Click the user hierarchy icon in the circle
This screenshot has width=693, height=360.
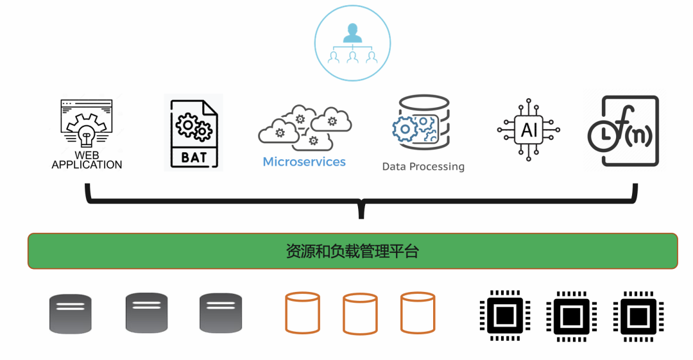[x=352, y=43]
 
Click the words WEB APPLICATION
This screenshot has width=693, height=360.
[x=87, y=160]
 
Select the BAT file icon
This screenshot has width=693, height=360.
[x=194, y=132]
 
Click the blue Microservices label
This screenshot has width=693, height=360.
[x=304, y=162]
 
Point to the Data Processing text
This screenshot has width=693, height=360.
[x=423, y=167]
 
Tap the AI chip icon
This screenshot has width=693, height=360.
[x=529, y=130]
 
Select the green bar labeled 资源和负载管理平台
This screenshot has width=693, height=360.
[x=352, y=251]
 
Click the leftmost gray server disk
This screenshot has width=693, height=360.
[x=71, y=314]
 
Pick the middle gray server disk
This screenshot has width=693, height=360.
[x=146, y=313]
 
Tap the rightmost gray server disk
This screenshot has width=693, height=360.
[x=221, y=313]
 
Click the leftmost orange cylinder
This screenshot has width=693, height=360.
[x=302, y=313]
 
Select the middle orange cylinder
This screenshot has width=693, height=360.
[x=360, y=314]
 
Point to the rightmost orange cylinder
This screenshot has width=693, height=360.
[x=418, y=313]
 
